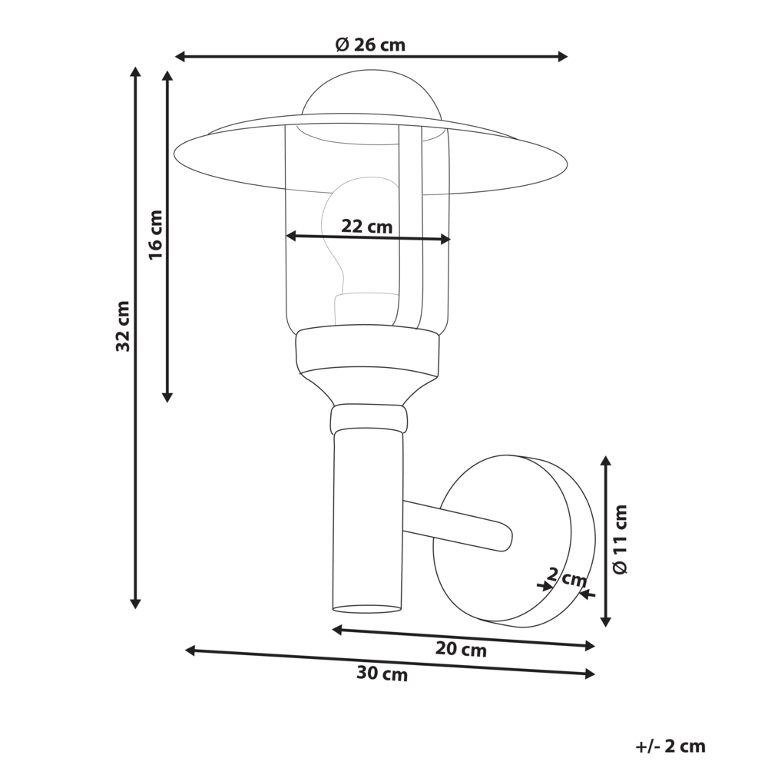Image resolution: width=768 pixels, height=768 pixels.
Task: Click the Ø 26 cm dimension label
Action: pyautogui.click(x=370, y=45)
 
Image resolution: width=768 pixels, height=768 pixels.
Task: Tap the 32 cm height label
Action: pyautogui.click(x=123, y=326)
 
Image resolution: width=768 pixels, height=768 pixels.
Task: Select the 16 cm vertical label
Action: pyautogui.click(x=156, y=234)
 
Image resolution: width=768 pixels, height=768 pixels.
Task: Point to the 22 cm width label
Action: pyautogui.click(x=366, y=227)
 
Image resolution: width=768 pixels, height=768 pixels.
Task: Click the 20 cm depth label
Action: pyautogui.click(x=461, y=650)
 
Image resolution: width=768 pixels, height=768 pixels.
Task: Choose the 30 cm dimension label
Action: pyautogui.click(x=382, y=675)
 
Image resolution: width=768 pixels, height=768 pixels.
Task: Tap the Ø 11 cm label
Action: pyautogui.click(x=621, y=539)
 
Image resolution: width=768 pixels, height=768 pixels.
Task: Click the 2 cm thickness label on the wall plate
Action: pyautogui.click(x=567, y=577)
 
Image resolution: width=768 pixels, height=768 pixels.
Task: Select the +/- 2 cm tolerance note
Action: pyautogui.click(x=670, y=746)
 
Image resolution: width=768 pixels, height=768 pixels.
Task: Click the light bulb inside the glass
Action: pyautogui.click(x=353, y=230)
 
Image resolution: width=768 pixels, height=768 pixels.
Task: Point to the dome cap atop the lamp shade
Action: pyautogui.click(x=372, y=96)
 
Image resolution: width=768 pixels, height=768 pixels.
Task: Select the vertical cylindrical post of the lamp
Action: pyautogui.click(x=367, y=522)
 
